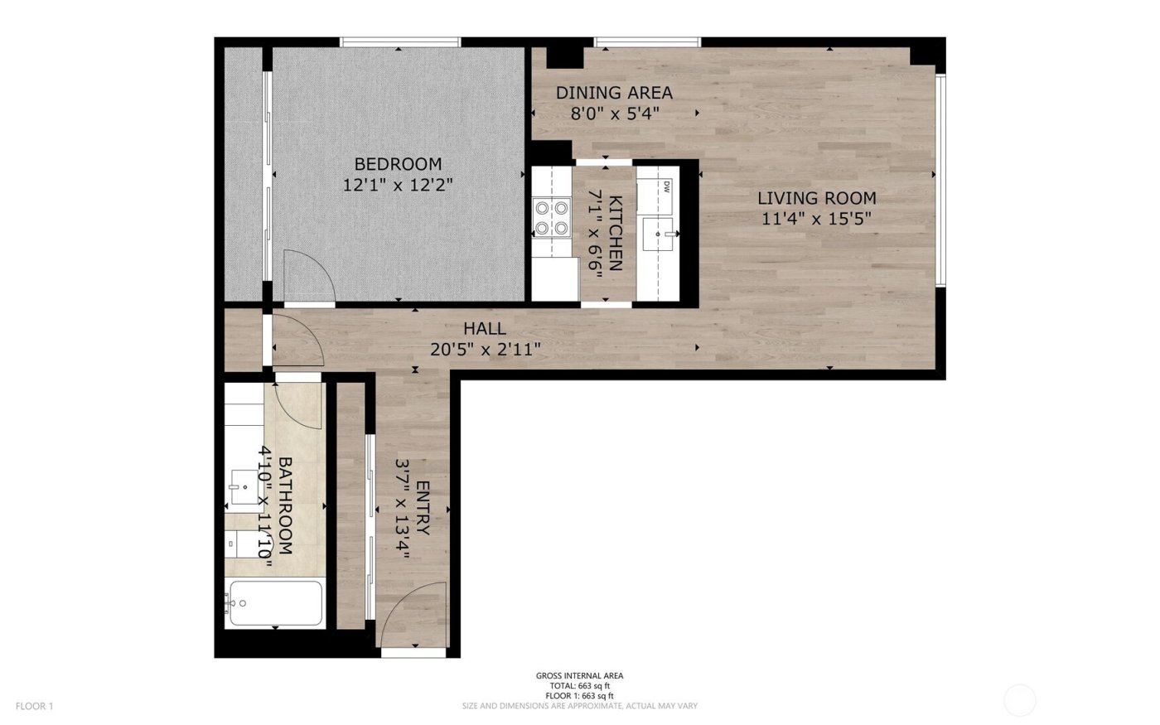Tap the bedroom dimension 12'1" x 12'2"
(x=398, y=185)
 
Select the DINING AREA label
(x=614, y=93)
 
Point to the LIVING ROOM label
(x=816, y=198)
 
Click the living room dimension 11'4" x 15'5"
(x=816, y=219)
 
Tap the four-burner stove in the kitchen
(x=552, y=217)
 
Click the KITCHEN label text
(x=616, y=233)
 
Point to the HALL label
(x=485, y=329)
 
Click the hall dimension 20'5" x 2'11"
(x=486, y=350)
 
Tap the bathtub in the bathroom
(x=275, y=603)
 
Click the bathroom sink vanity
(x=244, y=488)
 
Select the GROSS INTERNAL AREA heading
(x=579, y=676)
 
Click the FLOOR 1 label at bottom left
(x=34, y=707)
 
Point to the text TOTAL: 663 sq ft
(x=579, y=686)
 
